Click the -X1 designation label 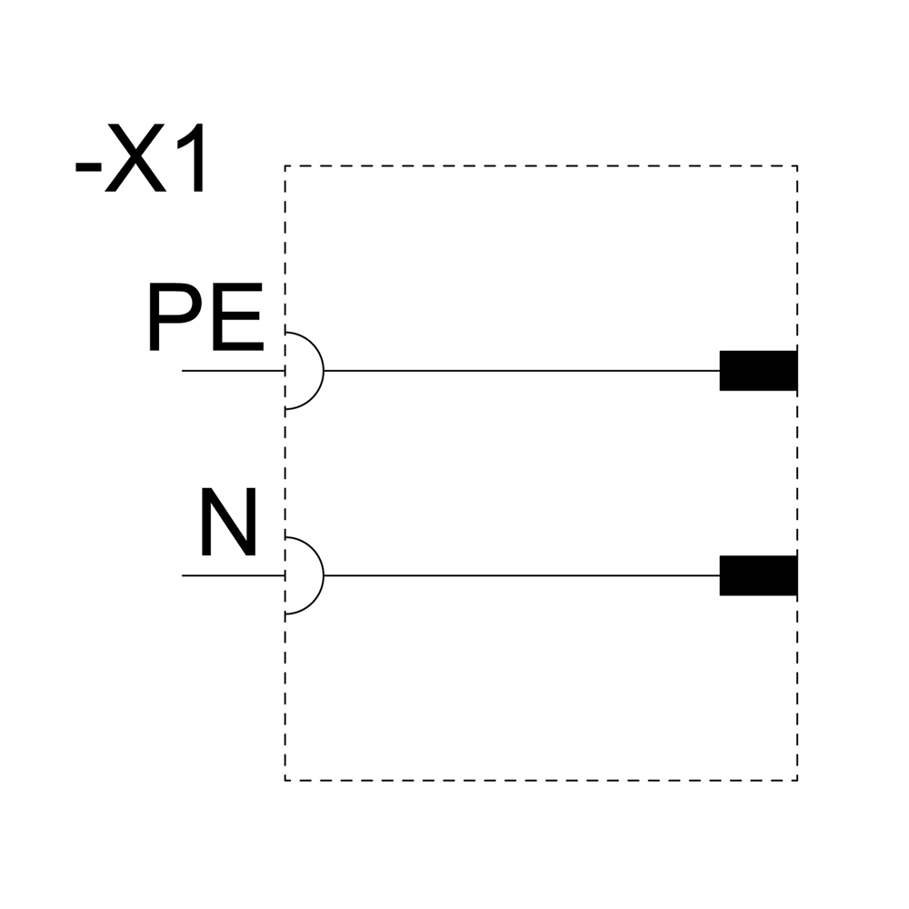pos(143,163)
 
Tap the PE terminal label pos(205,319)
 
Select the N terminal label pos(228,524)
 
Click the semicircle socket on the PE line pos(305,371)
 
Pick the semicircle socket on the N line pos(305,575)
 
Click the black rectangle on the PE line pos(758,370)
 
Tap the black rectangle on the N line pos(758,574)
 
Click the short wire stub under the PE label pos(233,371)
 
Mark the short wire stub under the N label pos(233,575)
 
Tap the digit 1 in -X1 pos(193,163)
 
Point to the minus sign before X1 pos(87,169)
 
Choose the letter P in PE pos(173,319)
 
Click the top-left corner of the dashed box pos(285,166)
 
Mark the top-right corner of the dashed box pos(797,166)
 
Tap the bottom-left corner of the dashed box pos(285,780)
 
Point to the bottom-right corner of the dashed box pos(797,780)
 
